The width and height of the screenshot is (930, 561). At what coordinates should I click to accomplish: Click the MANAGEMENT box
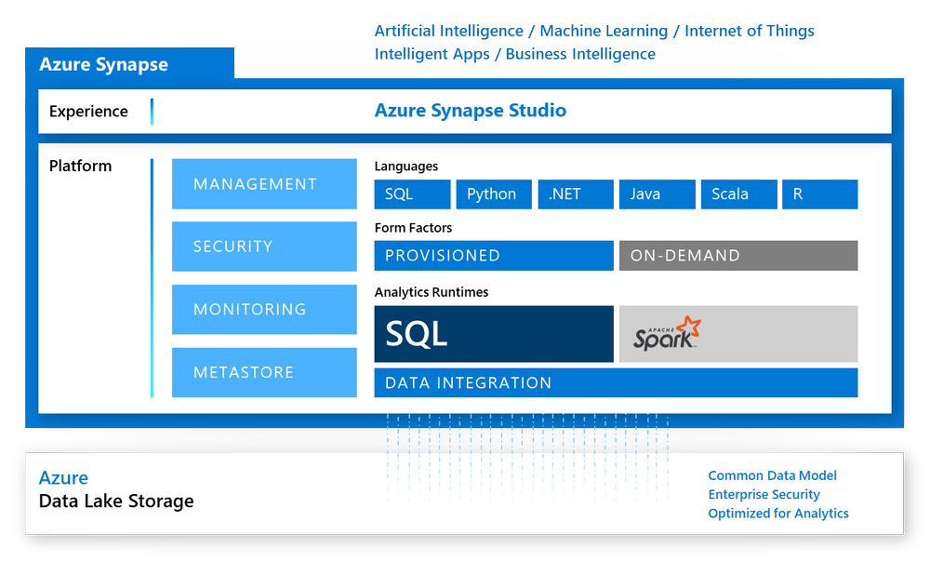point(264,184)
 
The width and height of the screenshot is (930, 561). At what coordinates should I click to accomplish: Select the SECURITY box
point(264,247)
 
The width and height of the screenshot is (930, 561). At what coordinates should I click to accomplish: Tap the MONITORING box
point(264,309)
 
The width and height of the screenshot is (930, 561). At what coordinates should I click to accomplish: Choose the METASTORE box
point(264,372)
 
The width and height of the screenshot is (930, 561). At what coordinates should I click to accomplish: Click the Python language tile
point(493,194)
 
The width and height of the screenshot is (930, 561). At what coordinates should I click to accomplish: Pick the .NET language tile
point(577,194)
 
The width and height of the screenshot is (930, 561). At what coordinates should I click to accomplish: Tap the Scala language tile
point(738,194)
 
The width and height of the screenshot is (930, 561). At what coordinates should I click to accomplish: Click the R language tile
point(819,194)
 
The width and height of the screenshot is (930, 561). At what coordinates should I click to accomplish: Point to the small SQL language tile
point(412,194)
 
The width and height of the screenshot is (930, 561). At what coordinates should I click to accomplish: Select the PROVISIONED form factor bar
point(493,256)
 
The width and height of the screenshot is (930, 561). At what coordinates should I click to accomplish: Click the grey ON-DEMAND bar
point(737,256)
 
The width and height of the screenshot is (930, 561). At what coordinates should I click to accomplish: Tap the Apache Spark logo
point(668,333)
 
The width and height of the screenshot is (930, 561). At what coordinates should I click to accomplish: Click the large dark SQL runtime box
point(493,334)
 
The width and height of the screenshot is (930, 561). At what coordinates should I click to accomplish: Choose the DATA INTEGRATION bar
point(615,383)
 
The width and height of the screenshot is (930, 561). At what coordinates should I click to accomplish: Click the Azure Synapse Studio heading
point(470,111)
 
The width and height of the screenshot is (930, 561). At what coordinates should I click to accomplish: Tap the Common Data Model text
point(772,475)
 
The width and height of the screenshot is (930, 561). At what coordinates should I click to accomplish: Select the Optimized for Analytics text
point(777,513)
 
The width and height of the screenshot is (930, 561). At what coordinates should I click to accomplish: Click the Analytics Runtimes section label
point(431,292)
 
